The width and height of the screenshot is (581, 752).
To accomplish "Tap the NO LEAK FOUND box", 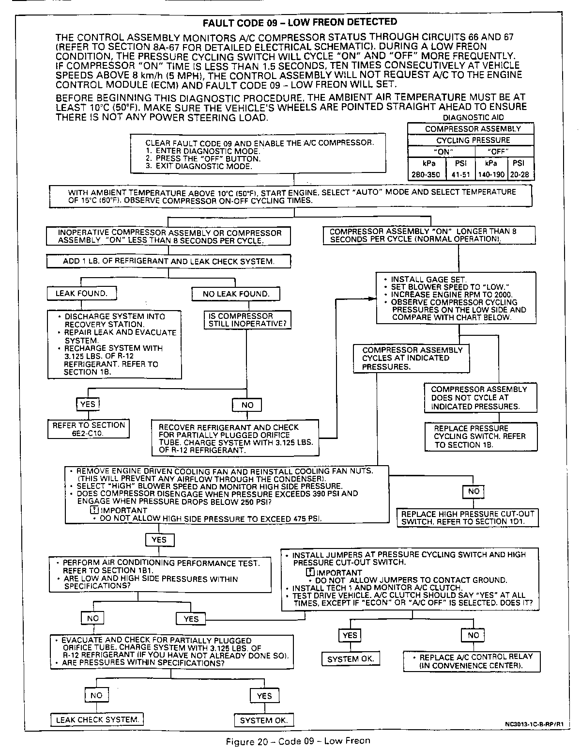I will [236, 294].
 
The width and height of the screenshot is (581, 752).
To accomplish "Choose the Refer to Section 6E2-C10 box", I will [89, 429].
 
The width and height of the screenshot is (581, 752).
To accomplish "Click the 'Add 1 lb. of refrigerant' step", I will [168, 262].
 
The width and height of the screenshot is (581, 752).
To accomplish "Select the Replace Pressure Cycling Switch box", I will [481, 437].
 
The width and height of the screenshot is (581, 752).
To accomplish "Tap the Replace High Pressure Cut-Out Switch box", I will [467, 518].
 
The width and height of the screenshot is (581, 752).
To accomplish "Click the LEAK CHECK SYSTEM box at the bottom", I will [97, 720].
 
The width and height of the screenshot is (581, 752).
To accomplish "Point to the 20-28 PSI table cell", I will [520, 175].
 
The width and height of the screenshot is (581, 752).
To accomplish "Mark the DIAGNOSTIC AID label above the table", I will [473, 118].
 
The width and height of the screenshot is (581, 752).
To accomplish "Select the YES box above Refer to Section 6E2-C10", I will [88, 404].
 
